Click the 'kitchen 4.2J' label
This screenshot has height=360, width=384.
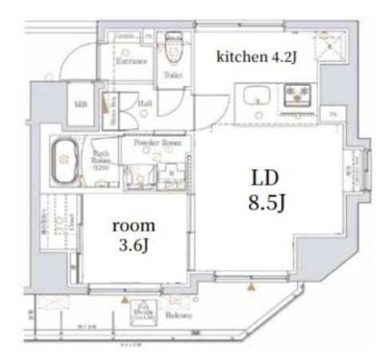coord(248,57)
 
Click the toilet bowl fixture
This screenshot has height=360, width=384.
coord(173,50)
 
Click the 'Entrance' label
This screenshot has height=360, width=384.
coord(131,61)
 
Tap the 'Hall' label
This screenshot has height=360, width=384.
coord(145,103)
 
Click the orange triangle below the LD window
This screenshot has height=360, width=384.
coord(253,286)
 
